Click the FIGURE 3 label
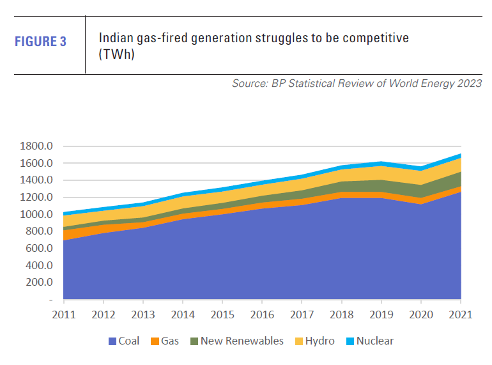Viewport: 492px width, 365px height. (40, 43)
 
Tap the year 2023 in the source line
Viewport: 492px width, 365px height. (468, 84)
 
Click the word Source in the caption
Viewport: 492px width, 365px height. (250, 84)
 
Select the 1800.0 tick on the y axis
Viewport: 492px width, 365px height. (37, 146)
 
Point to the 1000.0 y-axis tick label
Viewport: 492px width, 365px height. (37, 214)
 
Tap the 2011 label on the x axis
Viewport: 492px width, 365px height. (64, 314)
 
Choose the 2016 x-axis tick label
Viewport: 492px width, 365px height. (263, 314)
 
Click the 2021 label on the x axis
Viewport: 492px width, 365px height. (461, 314)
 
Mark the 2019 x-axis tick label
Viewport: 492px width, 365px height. (381, 314)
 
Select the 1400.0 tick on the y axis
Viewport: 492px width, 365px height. (37, 180)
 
